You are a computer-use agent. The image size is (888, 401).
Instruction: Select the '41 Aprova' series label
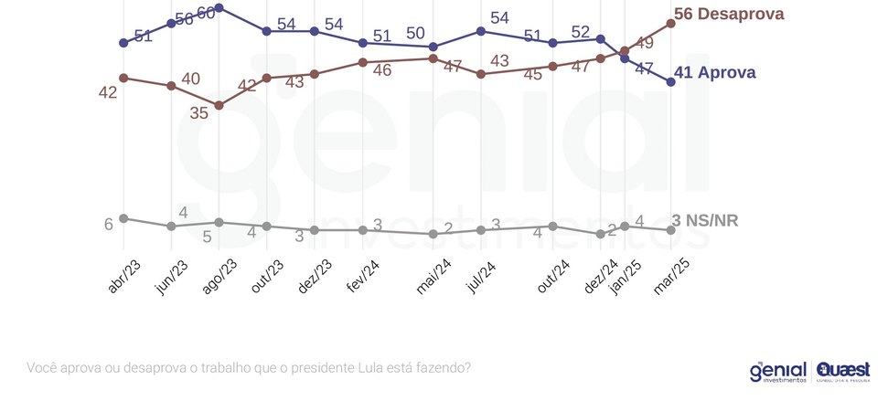click(714, 73)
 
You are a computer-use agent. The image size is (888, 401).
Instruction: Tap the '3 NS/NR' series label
click(705, 220)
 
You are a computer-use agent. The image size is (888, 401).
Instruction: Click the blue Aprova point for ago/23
click(219, 7)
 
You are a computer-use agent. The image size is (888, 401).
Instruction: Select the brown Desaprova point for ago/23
click(219, 105)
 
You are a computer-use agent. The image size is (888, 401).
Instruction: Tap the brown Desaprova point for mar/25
click(671, 23)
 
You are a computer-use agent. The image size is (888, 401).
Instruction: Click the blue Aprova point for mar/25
click(671, 81)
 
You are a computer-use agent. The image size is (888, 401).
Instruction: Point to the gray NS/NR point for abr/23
click(123, 218)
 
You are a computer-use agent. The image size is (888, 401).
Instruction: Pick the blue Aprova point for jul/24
click(481, 31)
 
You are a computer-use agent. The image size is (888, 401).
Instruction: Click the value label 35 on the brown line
click(199, 112)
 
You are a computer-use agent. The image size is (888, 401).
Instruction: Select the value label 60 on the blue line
click(207, 13)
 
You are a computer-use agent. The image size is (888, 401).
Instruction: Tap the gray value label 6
click(108, 224)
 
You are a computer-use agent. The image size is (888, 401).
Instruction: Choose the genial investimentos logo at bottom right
click(777, 371)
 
